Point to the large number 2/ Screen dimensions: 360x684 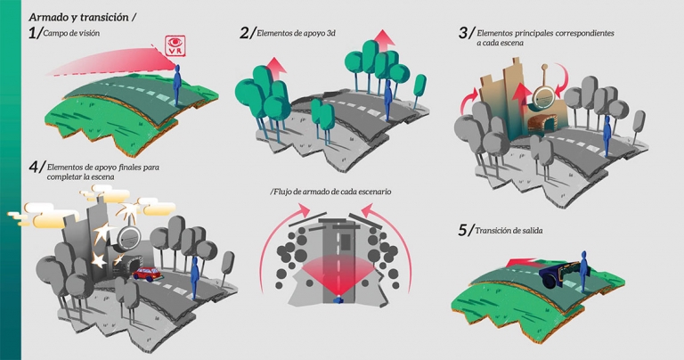[247, 33]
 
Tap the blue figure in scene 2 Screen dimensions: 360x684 [388, 96]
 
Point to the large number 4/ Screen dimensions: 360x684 [37, 167]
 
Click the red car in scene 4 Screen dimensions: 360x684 [145, 272]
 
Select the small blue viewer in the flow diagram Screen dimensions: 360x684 [337, 300]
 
